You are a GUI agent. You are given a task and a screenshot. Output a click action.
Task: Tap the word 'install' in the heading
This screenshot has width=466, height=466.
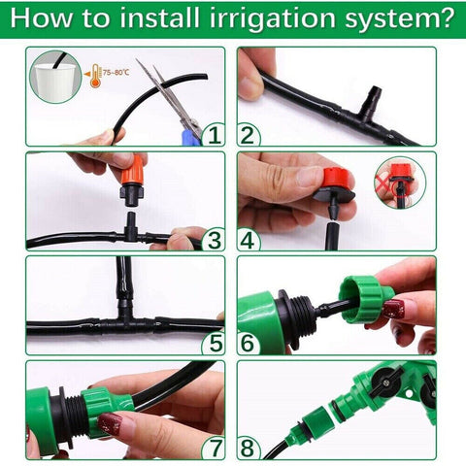162,19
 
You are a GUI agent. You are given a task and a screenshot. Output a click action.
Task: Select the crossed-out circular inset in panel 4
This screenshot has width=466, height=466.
400,183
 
